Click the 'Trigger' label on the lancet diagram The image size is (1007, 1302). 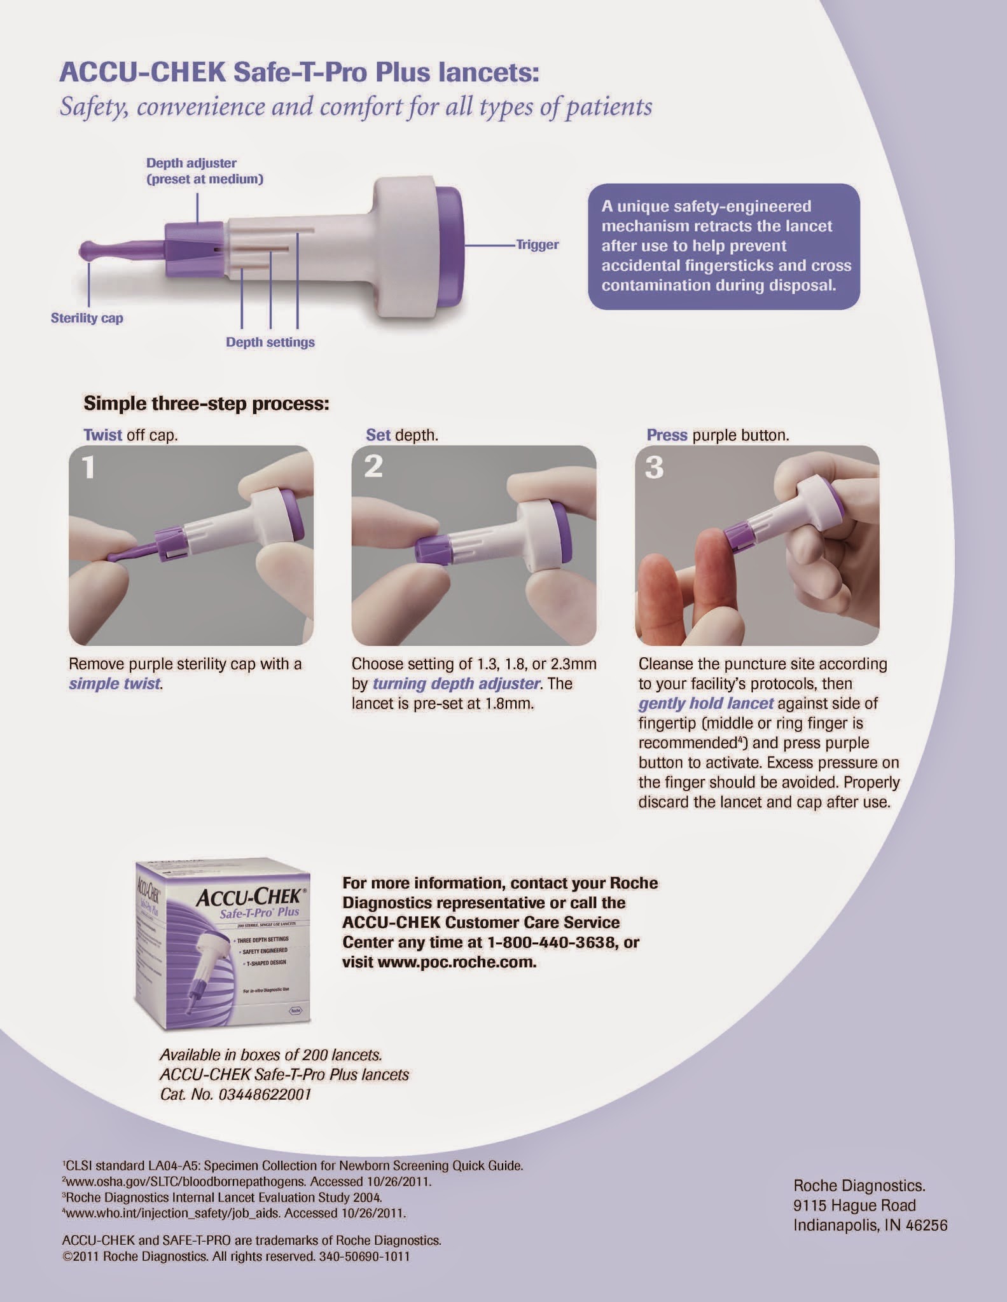click(538, 244)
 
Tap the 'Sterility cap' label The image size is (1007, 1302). click(87, 318)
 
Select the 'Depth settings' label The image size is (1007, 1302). click(270, 342)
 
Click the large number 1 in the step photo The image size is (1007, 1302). click(88, 467)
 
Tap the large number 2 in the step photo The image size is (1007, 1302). click(373, 467)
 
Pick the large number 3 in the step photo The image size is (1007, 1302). click(655, 467)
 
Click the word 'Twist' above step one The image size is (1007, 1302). click(102, 435)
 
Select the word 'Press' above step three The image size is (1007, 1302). click(667, 435)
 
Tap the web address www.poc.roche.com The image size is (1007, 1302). click(457, 962)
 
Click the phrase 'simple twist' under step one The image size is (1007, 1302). click(115, 684)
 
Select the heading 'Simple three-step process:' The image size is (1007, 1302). click(207, 404)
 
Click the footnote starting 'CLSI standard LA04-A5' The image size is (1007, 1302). click(293, 1166)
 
